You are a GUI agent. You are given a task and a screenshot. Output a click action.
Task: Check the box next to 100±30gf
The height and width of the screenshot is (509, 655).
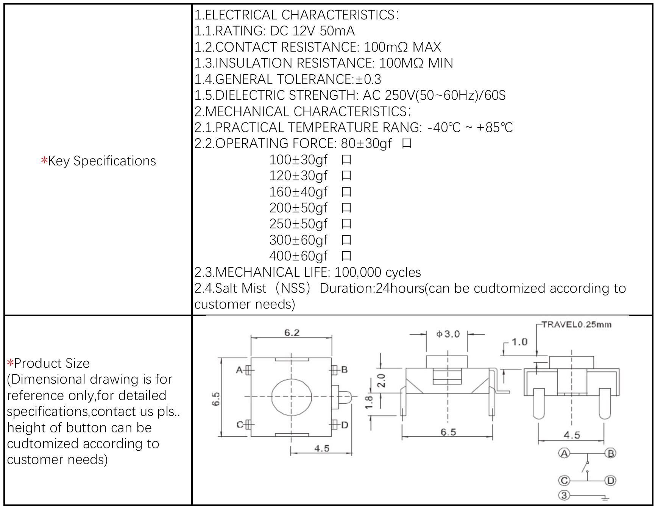click(x=346, y=160)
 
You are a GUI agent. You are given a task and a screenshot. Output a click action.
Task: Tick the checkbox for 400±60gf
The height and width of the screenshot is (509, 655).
click(x=346, y=256)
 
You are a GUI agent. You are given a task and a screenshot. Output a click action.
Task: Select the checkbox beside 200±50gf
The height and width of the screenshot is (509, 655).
click(x=346, y=208)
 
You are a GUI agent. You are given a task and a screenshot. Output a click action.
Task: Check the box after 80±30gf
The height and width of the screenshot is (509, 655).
click(x=407, y=144)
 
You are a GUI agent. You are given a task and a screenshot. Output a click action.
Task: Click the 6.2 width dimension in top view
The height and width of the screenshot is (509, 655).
click(x=292, y=333)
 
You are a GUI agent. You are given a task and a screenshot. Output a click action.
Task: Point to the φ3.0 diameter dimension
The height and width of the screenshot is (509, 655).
click(x=448, y=334)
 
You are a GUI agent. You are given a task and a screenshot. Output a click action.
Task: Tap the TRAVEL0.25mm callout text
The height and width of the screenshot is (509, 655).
click(x=576, y=324)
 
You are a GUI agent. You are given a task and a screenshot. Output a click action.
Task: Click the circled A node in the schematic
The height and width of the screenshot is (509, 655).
click(x=564, y=453)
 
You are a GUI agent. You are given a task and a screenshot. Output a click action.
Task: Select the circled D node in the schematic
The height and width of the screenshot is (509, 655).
click(x=610, y=481)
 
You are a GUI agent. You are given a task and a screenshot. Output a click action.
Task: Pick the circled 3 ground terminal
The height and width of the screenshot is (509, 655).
click(x=564, y=495)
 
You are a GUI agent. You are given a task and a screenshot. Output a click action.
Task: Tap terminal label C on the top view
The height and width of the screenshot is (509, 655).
click(x=240, y=425)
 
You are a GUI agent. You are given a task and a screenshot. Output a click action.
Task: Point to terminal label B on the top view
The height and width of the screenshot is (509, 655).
click(x=344, y=370)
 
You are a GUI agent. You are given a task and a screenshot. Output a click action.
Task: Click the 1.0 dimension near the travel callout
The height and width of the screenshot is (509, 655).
click(x=519, y=342)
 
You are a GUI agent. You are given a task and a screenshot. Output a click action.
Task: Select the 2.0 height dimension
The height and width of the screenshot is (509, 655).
click(x=381, y=380)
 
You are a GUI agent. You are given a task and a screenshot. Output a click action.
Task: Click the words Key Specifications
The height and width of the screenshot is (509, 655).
click(x=101, y=161)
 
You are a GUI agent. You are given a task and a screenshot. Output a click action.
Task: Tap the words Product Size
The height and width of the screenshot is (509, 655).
click(x=51, y=363)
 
